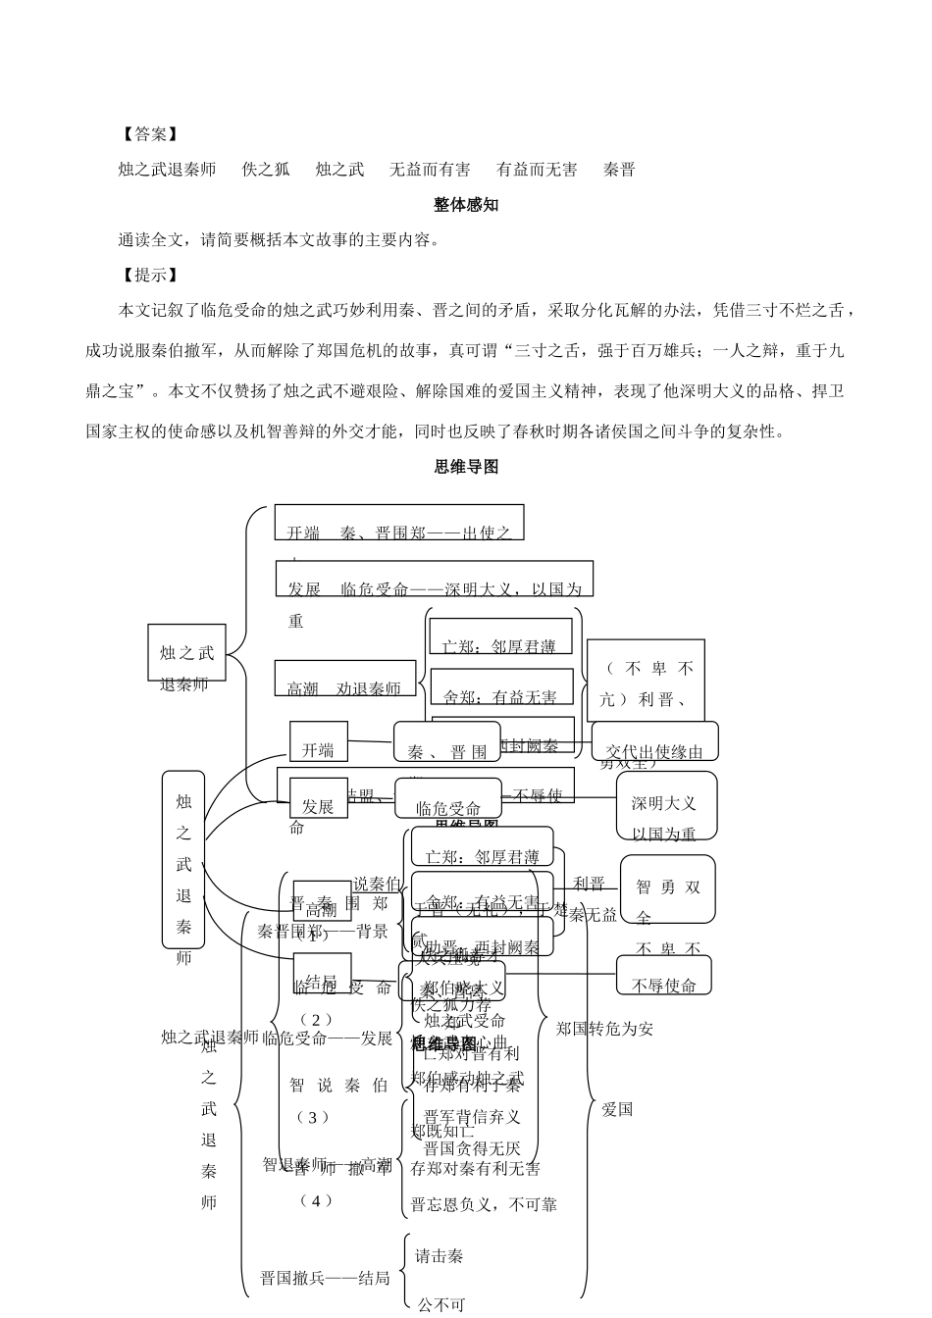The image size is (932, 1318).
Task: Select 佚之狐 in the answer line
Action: tap(266, 170)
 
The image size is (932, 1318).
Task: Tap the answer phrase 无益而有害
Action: tap(429, 170)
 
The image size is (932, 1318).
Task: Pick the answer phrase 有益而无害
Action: tap(537, 170)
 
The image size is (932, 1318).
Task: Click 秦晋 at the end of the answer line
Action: tap(619, 170)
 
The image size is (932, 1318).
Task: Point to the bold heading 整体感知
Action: tap(466, 205)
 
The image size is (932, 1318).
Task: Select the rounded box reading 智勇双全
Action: tap(667, 889)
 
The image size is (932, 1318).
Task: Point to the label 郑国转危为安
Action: tap(604, 1029)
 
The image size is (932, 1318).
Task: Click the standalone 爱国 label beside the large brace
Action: tap(617, 1109)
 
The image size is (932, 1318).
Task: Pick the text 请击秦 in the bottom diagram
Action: tap(440, 1255)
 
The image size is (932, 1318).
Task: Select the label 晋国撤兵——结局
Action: tap(325, 1278)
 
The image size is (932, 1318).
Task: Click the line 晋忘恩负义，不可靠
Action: tap(484, 1204)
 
